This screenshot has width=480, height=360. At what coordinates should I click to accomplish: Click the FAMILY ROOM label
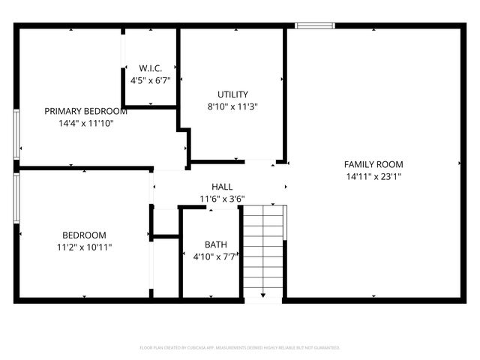373,164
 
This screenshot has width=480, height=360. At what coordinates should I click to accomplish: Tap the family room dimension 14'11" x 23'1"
373,177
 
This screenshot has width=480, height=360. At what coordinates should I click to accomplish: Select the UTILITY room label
232,94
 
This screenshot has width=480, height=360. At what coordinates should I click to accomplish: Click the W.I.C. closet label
151,67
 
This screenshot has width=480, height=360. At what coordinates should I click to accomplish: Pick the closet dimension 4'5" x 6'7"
151,79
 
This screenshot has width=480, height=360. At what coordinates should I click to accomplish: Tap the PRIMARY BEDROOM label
85,111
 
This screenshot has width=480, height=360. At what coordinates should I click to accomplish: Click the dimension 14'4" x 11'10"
85,124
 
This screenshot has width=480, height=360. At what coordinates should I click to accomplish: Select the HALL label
221,187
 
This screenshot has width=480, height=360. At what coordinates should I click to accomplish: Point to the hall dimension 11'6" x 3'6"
221,199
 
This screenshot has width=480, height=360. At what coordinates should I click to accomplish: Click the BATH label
216,244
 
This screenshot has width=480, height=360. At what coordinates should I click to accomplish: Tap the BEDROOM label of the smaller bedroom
83,235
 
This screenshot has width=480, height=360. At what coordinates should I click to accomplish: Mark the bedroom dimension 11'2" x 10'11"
83,247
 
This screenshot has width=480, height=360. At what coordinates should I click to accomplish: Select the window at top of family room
313,26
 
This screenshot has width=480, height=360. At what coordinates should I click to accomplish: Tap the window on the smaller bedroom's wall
16,199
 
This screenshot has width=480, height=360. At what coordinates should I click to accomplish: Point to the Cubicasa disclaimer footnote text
240,347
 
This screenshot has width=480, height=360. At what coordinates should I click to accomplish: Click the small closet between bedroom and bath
165,266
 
